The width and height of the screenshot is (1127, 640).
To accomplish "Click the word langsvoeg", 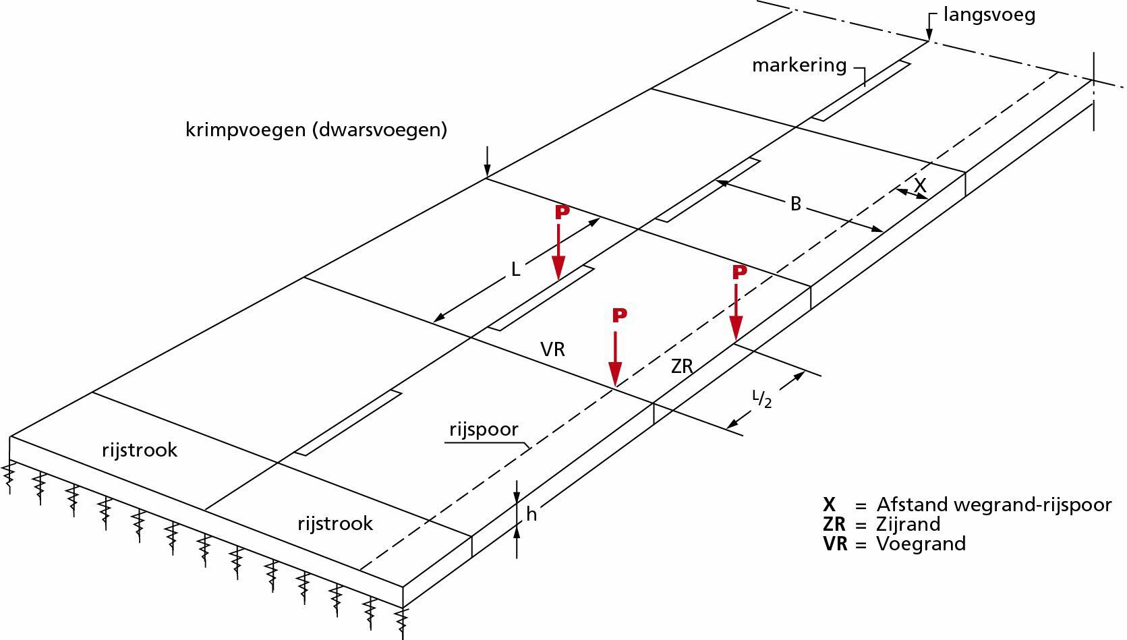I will pos(989,15).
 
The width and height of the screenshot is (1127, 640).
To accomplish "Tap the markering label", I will pos(799,65).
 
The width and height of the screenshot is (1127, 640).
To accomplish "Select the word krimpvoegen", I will pos(246,129).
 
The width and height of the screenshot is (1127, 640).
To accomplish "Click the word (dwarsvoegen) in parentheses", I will pos(380,129).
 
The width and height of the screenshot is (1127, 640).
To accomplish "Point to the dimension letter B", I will pos(795,204).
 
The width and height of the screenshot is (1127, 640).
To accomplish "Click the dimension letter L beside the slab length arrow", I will pos(515,270).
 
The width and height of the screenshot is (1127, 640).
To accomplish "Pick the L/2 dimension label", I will pos(761,399).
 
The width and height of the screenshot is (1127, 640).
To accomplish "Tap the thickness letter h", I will pos(531,514).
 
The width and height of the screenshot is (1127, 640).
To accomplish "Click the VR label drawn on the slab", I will pos(552,349).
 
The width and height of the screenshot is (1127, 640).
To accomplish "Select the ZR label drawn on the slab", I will pos(682,366).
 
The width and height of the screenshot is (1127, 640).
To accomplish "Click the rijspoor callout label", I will pos(484,430).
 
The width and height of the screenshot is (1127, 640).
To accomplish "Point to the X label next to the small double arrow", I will pos(920,184).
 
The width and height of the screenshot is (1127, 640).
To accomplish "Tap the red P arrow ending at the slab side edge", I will pos(736,307).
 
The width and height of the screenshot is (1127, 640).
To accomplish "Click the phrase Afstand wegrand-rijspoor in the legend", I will pos(993,504).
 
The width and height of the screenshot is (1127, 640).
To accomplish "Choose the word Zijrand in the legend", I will pos(908,524).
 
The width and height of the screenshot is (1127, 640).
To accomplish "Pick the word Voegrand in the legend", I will pos(921,544).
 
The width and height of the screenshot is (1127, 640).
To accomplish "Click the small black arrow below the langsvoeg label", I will pos(929,29).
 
